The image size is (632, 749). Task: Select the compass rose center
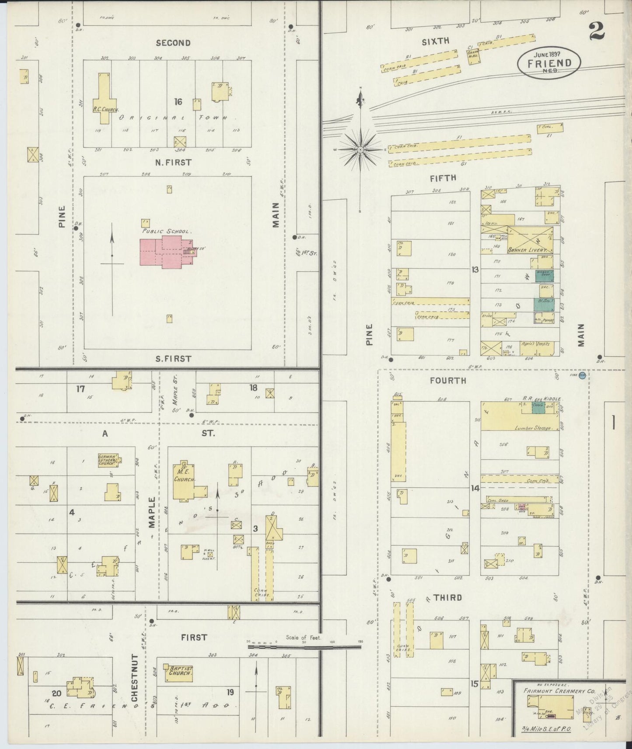coord(360,150)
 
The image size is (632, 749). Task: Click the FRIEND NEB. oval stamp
coord(549,63)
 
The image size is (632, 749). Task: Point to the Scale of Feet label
coord(304,637)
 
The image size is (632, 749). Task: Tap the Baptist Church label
coord(181,671)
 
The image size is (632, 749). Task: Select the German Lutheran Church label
coord(108,460)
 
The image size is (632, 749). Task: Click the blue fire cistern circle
coord(582,376)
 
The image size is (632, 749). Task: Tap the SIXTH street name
coord(435,42)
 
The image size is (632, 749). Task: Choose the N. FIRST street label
coord(173,163)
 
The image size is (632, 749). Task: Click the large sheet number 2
coord(597,31)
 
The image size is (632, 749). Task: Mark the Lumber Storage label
coord(537,428)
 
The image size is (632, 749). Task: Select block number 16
coord(178,102)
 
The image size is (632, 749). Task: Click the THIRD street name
coord(447,597)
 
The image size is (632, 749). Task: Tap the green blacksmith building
coord(543,304)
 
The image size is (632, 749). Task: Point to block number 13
coord(475,270)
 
